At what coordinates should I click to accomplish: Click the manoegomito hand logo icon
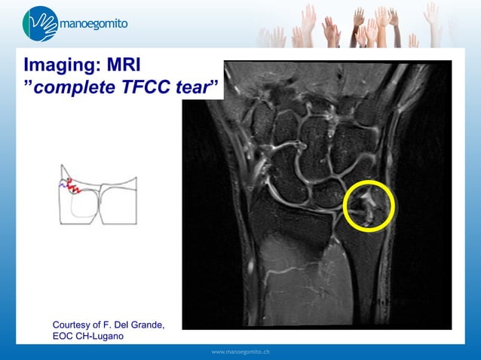(x=40, y=23)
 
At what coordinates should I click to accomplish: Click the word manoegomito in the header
(x=93, y=23)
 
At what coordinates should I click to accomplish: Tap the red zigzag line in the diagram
(x=72, y=185)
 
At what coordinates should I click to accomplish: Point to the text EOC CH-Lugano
(x=88, y=336)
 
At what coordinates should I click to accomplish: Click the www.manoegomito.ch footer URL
(x=241, y=352)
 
